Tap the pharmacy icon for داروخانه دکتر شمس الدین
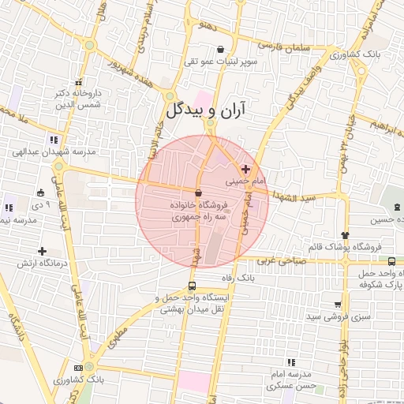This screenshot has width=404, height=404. (78, 82)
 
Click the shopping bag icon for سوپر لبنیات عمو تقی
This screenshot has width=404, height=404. (230, 49)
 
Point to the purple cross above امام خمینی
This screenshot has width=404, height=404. (245, 169)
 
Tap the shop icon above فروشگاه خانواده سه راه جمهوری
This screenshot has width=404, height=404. (197, 193)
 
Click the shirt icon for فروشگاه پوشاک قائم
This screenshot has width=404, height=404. (345, 234)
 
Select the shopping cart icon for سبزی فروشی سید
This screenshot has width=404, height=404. (338, 304)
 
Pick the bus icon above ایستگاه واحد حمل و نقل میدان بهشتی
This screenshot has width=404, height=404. (193, 286)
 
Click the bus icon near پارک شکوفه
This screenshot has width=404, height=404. (392, 261)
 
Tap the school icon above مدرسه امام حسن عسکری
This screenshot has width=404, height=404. (291, 361)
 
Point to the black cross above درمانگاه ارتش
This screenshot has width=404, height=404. (42, 250)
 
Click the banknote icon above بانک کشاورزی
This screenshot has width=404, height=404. (77, 368)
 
